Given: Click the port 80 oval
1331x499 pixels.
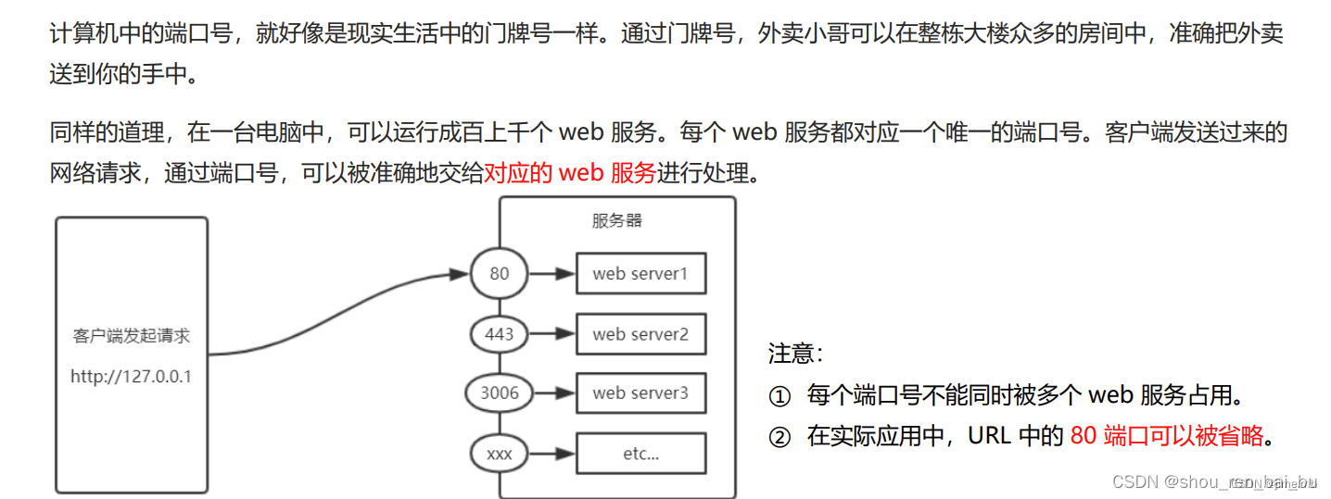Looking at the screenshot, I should coord(500,274).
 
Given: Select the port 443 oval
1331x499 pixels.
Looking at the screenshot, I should coord(500,333).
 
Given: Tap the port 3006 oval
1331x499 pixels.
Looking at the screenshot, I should coord(500,393).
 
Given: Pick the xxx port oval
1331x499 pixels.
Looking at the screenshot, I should coord(500,455).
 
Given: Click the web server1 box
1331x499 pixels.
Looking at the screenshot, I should coord(640,274).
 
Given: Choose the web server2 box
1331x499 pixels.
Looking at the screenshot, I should coord(640,334).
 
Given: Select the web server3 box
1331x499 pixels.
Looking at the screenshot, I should coord(640,393).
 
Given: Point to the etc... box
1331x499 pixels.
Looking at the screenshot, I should coord(640,455).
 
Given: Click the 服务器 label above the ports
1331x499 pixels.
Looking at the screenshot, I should coord(617,220).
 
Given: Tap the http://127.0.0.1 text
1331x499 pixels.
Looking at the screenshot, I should coord(131,377).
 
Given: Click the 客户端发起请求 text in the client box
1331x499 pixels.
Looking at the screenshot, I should coord(131,336).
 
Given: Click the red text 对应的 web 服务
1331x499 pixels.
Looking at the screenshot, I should coord(570,172).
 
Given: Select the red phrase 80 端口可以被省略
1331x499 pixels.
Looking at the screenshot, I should coord(1166,436).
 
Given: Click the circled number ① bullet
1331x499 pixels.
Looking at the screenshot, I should coord(780,396).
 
